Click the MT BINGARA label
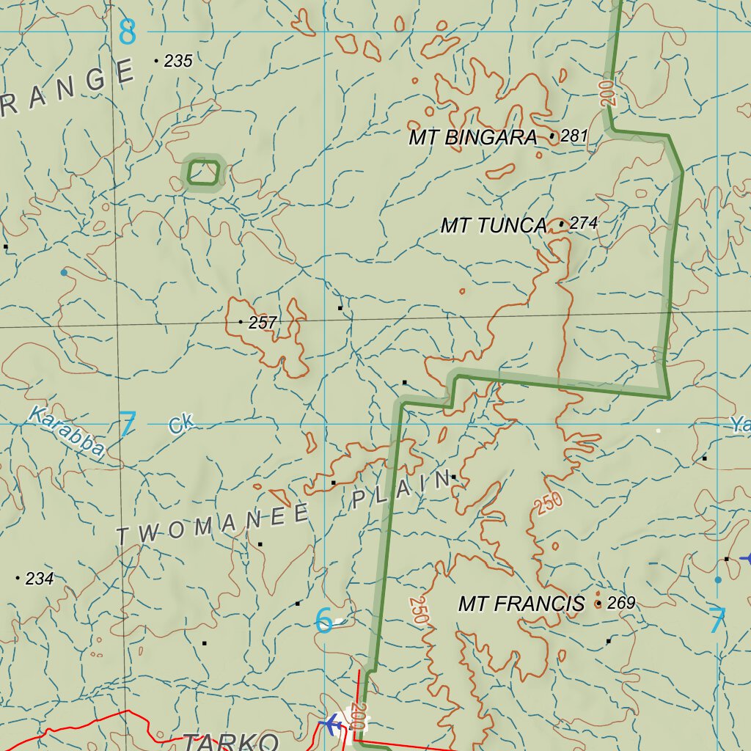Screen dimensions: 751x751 [473, 137]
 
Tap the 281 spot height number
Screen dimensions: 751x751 [574, 136]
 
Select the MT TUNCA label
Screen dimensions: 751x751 [493, 226]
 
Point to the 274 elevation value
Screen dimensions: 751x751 [583, 223]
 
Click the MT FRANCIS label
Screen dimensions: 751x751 [521, 604]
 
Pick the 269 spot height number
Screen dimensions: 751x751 [621, 604]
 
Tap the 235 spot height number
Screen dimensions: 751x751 [178, 62]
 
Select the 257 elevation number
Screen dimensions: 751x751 [263, 322]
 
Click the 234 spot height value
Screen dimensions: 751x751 [40, 579]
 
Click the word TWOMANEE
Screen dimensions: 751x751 [213, 524]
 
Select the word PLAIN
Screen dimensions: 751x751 [401, 491]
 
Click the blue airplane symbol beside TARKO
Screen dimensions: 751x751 [331, 725]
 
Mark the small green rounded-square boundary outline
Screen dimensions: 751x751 [203, 173]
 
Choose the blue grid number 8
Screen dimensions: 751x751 [128, 32]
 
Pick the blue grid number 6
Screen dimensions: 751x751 [323, 621]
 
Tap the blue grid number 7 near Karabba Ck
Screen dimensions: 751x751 [128, 425]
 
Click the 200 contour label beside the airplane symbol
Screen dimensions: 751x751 [358, 717]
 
